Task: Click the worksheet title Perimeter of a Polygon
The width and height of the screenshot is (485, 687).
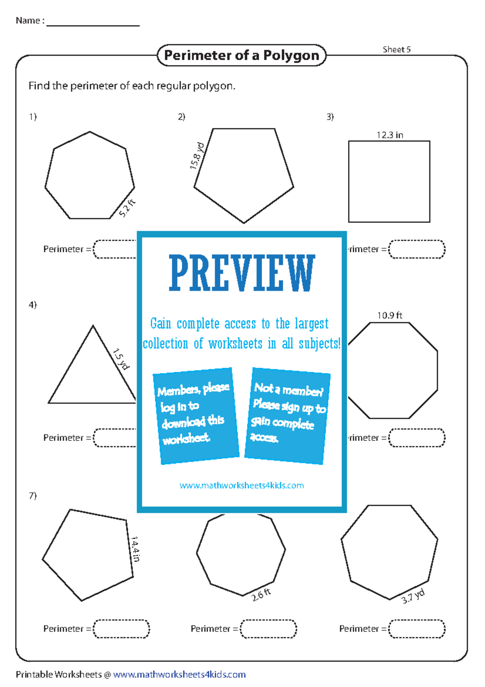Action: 241,55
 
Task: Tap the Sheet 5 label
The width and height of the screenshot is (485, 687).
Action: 396,49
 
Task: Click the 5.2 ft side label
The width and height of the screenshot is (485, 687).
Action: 127,208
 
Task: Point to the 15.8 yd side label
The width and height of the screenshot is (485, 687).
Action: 198,156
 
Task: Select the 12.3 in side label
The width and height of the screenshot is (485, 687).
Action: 390,135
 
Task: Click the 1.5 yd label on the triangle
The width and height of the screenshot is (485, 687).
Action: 121,359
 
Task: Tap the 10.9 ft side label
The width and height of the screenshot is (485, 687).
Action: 390,316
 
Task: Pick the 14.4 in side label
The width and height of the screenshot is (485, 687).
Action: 135,549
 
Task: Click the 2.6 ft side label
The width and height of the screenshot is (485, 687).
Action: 261,595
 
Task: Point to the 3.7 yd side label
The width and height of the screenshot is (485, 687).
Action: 413,596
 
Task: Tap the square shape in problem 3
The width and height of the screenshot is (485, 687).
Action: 389,182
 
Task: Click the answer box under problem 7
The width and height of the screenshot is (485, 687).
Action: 121,629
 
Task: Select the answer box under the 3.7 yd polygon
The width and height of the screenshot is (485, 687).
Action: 417,629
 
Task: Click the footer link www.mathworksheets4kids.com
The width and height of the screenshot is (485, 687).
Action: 179,674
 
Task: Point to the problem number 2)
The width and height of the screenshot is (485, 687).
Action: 181,117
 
